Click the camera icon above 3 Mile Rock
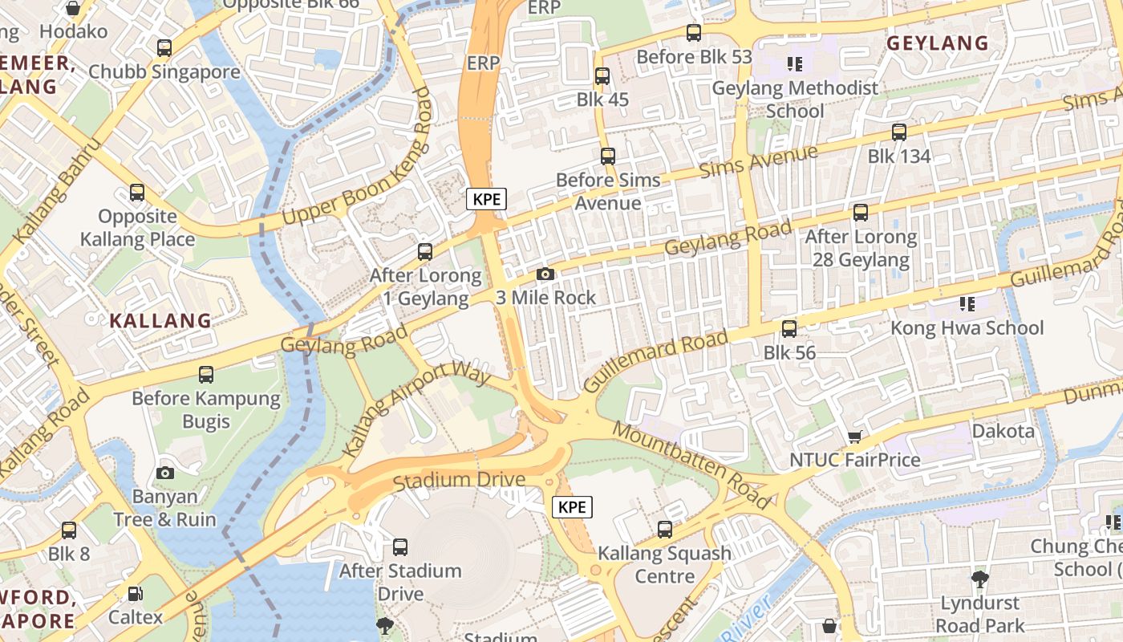click(x=545, y=274)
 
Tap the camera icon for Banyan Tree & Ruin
click(x=165, y=473)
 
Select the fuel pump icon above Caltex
click(x=136, y=595)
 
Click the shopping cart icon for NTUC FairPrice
click(x=854, y=437)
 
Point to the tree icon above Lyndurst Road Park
click(x=979, y=579)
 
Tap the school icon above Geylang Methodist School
click(x=795, y=63)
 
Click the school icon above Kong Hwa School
click(x=967, y=303)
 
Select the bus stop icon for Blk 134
click(x=899, y=132)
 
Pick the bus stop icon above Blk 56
click(x=789, y=329)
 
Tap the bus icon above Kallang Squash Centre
click(x=665, y=530)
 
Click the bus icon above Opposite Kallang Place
click(x=137, y=193)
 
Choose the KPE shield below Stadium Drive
click(x=573, y=507)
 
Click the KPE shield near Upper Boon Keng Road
click(x=487, y=198)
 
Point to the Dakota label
click(x=1003, y=431)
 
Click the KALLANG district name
click(x=160, y=321)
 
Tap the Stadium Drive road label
click(x=460, y=481)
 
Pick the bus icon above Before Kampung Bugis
click(x=206, y=374)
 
